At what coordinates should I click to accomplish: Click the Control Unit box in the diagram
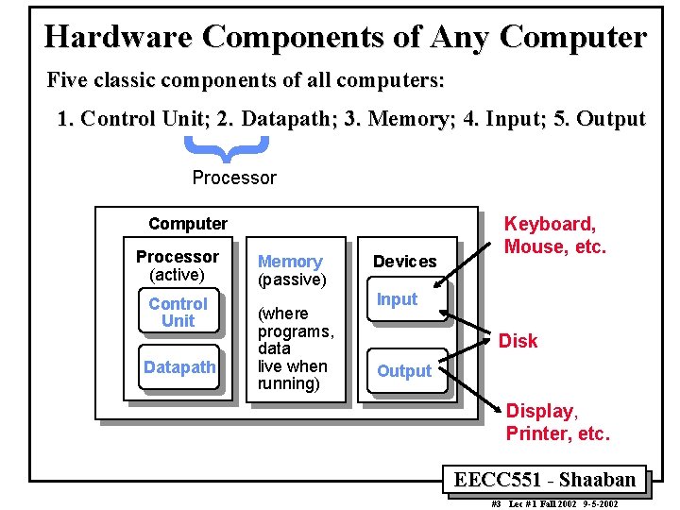178,313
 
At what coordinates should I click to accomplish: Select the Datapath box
179,367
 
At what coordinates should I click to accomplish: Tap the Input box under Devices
397,299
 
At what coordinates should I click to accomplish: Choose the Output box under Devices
404,371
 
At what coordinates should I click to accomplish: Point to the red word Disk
518,341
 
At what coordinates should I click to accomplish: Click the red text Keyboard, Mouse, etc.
554,236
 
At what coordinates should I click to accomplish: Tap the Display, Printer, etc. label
557,423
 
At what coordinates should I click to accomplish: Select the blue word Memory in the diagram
290,262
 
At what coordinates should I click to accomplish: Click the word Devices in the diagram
404,262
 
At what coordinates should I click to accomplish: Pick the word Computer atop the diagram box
188,224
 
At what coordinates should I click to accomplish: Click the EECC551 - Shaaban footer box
545,480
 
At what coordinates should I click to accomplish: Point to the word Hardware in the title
118,37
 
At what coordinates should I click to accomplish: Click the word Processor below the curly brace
234,178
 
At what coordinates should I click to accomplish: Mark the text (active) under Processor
177,275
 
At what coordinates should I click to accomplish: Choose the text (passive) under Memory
292,280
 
